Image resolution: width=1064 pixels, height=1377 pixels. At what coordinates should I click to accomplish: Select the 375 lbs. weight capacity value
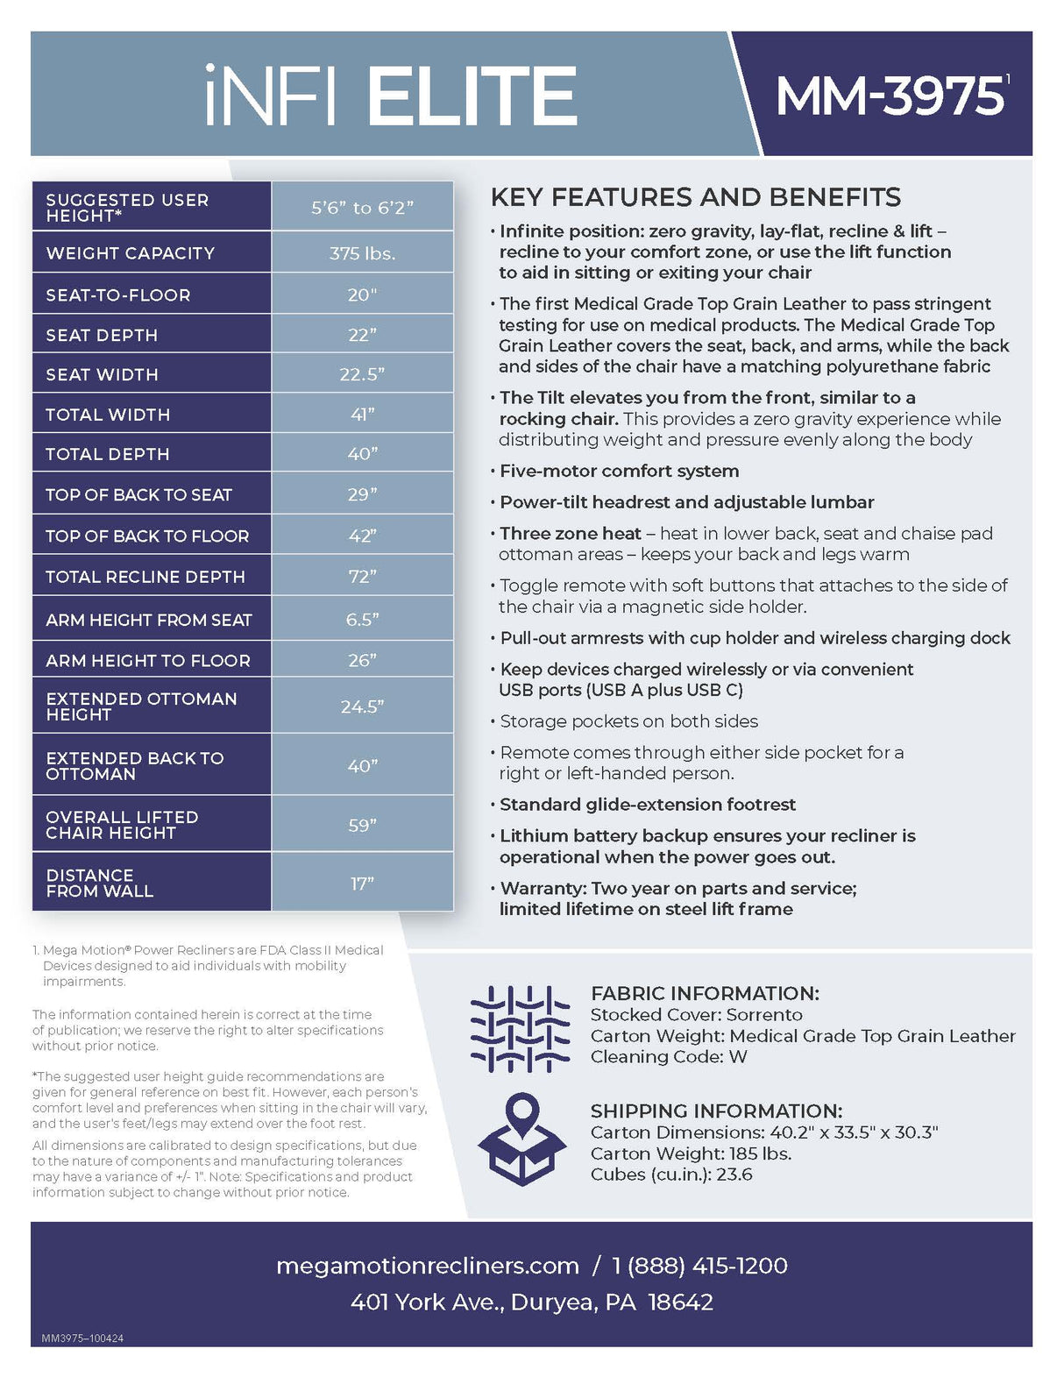(362, 253)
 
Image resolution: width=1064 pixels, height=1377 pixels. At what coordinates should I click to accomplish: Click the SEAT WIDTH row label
(103, 374)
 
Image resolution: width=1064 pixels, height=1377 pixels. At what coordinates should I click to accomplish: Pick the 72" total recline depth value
(362, 576)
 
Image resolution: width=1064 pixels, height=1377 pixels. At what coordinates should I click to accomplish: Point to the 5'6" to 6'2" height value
(362, 207)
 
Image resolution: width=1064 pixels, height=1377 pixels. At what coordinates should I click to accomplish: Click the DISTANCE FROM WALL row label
(99, 883)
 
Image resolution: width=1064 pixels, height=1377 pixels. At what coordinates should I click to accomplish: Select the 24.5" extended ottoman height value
(362, 706)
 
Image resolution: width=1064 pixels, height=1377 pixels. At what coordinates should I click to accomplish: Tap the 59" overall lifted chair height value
(362, 825)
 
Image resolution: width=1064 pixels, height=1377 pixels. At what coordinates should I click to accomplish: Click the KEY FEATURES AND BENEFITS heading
(695, 197)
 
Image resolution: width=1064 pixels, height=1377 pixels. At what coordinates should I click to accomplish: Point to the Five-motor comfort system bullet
(619, 471)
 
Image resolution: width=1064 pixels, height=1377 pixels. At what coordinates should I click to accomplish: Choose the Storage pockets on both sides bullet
(628, 720)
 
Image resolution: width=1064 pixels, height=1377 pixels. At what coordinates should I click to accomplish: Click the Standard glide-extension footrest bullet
(648, 804)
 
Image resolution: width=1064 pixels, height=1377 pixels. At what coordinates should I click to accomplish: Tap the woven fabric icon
(520, 1029)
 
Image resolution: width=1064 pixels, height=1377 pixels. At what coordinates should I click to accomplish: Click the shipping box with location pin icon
(521, 1139)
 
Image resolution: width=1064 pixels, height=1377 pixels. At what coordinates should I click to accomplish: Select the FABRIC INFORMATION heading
(705, 993)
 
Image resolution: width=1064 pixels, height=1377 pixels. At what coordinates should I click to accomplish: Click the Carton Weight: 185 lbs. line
(691, 1153)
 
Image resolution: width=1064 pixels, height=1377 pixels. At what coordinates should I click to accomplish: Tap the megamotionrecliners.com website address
(428, 1266)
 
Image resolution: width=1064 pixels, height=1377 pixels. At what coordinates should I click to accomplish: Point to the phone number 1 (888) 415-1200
(699, 1266)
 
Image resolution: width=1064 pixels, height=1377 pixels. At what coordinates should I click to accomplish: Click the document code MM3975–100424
(82, 1338)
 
